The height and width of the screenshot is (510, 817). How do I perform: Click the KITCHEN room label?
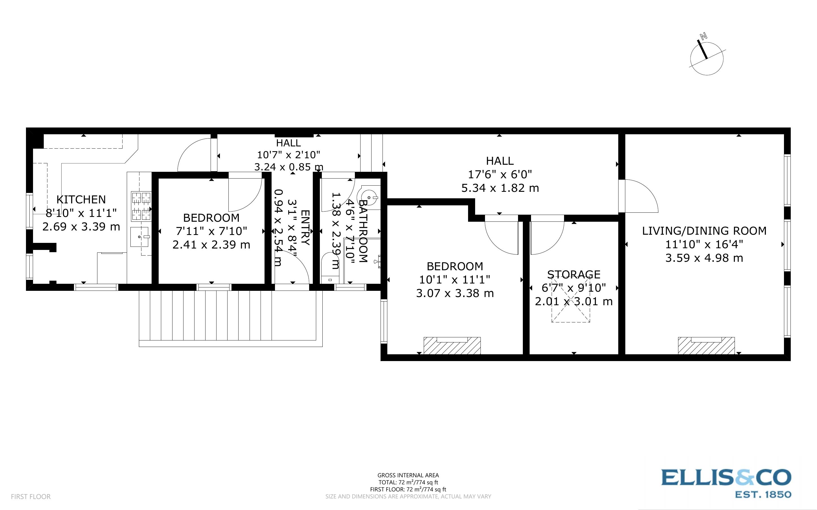coord(81,199)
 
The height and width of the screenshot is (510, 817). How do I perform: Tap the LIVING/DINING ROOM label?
coord(704,231)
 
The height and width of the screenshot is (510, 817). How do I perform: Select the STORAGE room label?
coord(574,274)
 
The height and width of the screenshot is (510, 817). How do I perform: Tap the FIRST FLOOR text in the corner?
coord(31,496)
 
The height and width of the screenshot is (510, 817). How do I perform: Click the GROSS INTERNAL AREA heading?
coord(408,475)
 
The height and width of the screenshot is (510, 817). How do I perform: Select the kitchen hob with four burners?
coord(141,206)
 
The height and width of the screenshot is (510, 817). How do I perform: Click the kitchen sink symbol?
coord(140,237)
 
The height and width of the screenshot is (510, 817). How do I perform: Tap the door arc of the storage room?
coord(547,238)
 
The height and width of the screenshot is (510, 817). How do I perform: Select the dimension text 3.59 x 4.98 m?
coord(704,258)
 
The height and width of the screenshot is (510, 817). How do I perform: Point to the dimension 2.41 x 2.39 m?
coord(211,245)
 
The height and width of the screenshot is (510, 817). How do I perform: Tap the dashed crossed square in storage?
coord(571,300)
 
